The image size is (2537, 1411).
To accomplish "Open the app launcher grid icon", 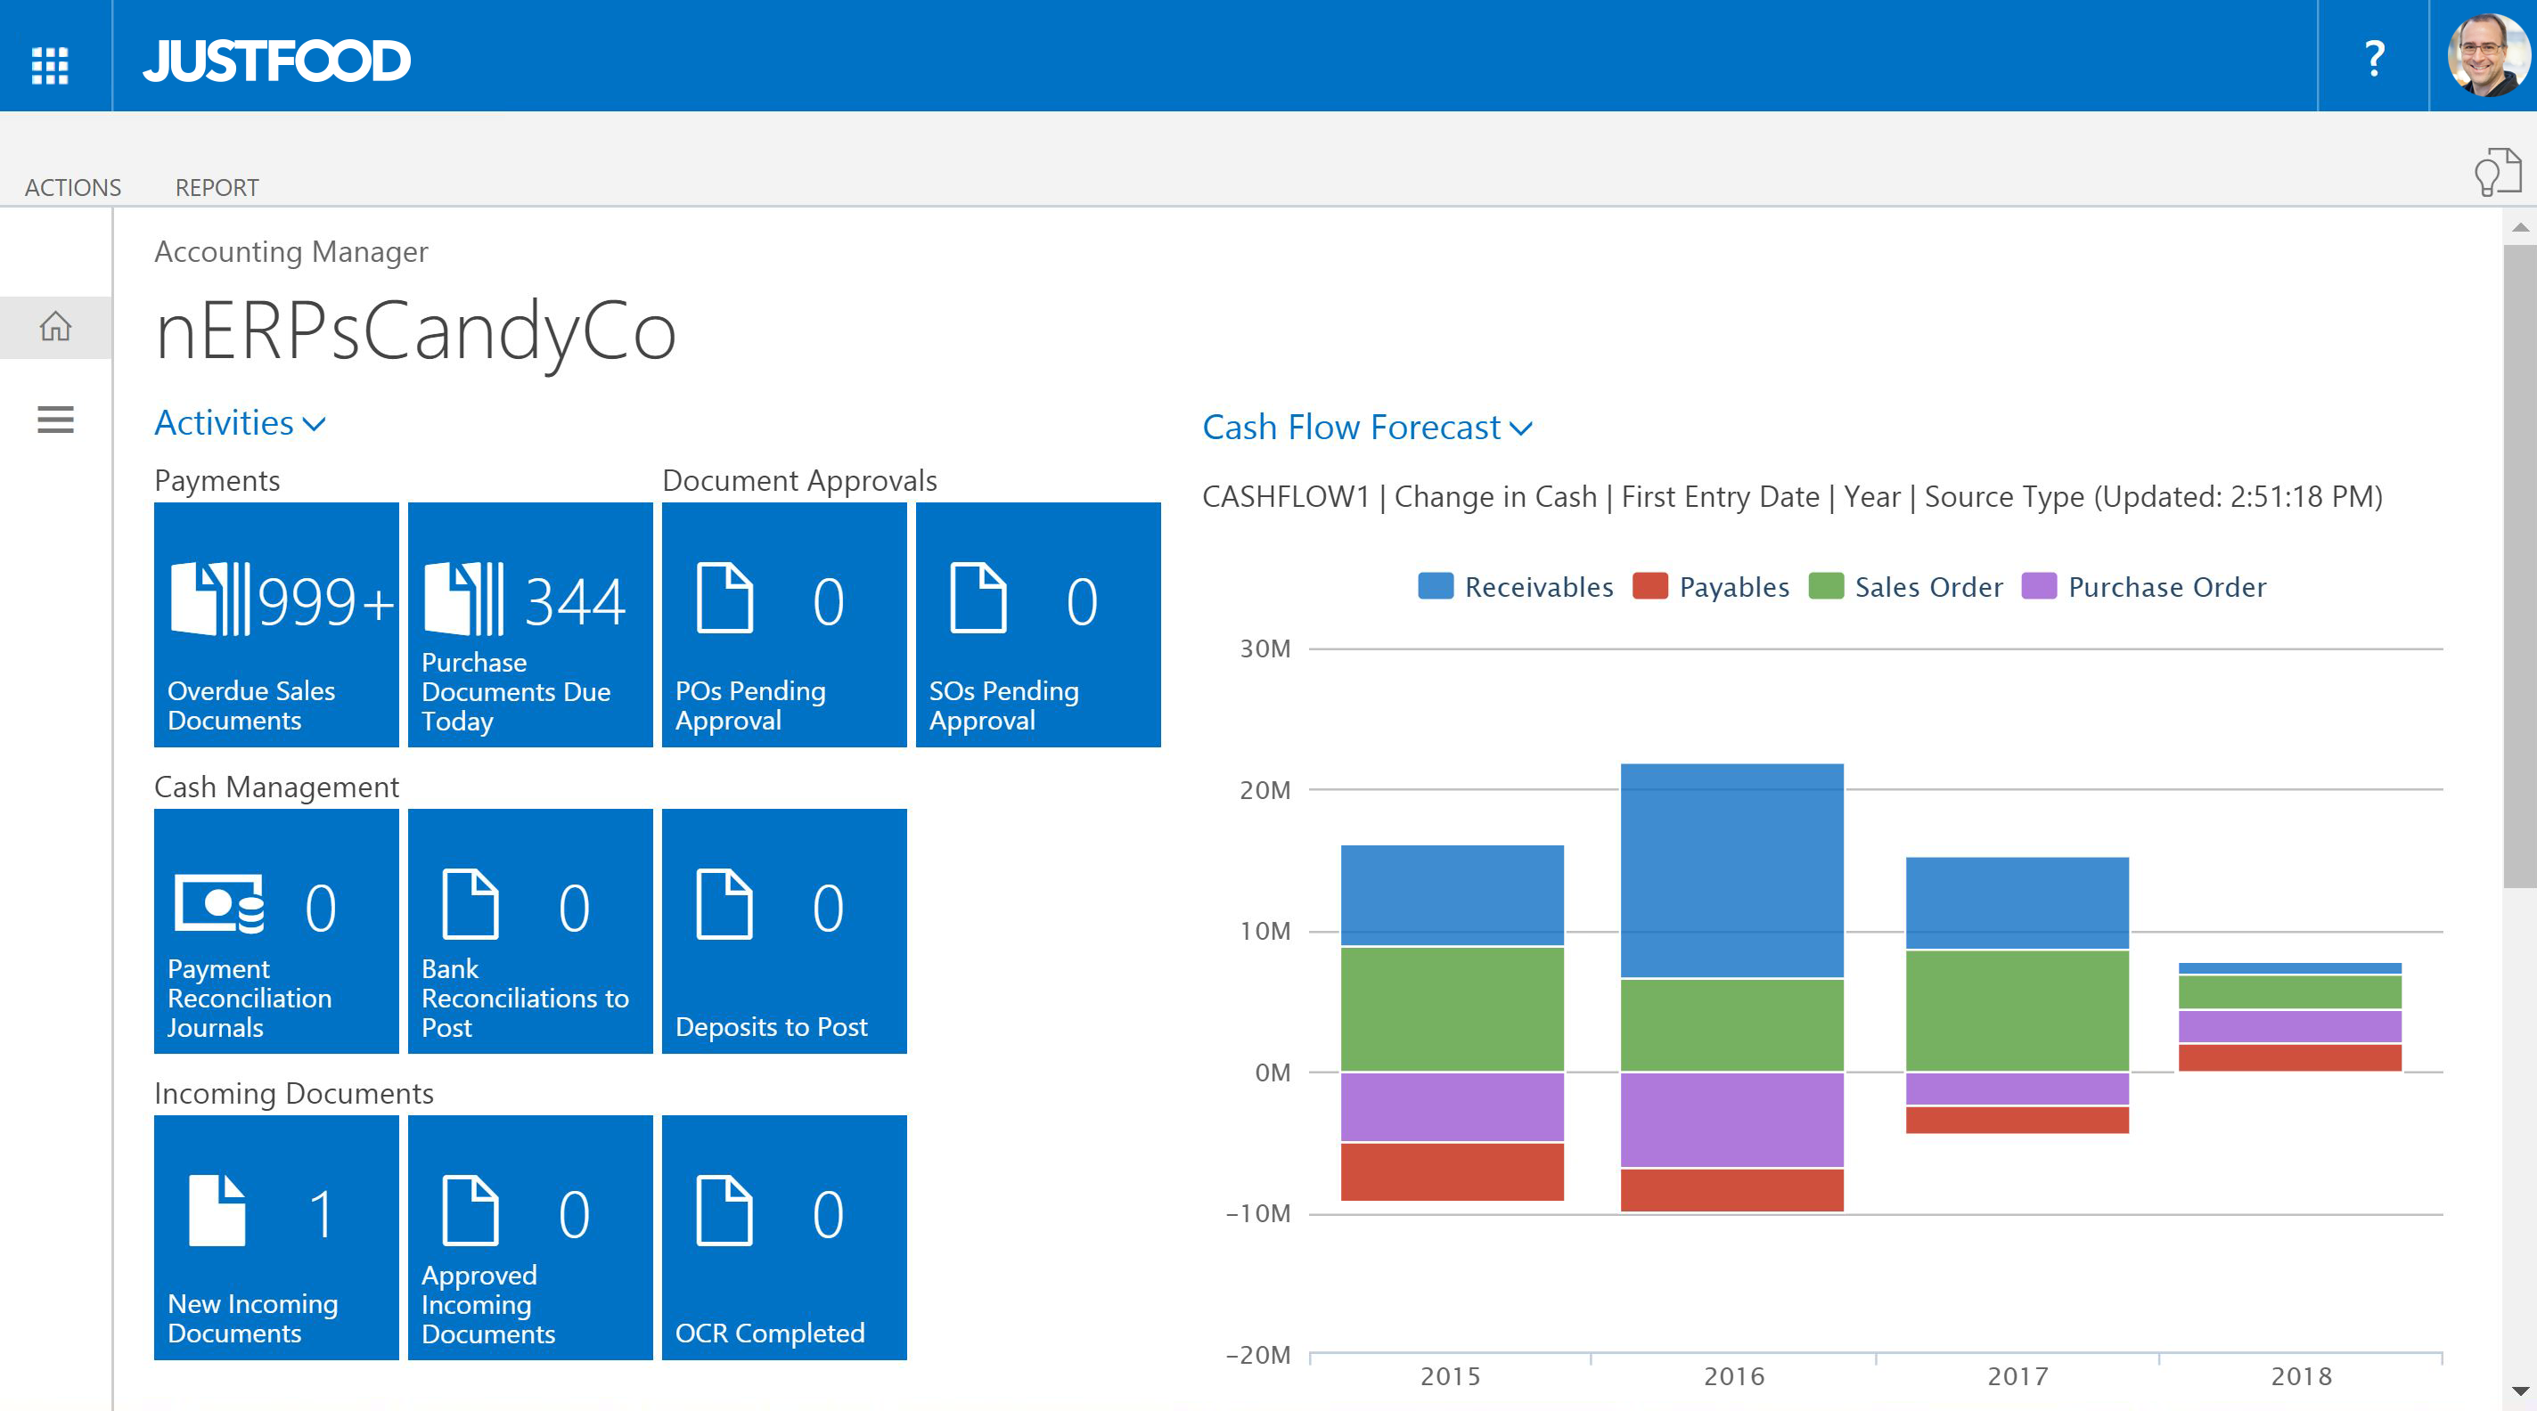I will click(x=49, y=65).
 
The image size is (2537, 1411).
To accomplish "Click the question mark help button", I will click(x=2374, y=58).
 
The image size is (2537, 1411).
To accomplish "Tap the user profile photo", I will click(x=2486, y=55).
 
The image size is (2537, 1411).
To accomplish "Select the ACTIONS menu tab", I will click(x=73, y=187).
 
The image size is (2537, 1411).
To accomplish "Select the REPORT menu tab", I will click(x=217, y=187).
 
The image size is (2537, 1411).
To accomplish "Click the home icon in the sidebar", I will click(x=55, y=326).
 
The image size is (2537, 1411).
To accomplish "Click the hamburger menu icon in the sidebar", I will click(x=55, y=420).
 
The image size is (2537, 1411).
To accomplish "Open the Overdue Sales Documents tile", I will click(x=275, y=624).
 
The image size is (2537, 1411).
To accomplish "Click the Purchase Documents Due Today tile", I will click(x=530, y=624).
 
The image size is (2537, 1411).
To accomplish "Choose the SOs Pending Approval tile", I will click(x=1038, y=624).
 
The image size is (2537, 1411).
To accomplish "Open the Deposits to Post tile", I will click(x=784, y=931).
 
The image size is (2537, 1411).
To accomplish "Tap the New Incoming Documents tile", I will click(x=275, y=1236).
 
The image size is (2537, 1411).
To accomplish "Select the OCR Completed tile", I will click(x=784, y=1236).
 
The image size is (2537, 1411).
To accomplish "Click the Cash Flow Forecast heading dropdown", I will click(x=1366, y=428).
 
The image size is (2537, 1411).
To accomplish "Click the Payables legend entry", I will click(x=1712, y=587).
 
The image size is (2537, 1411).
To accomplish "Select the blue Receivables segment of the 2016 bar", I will click(x=1731, y=870).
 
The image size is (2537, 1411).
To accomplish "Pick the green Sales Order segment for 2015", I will click(x=1452, y=1008).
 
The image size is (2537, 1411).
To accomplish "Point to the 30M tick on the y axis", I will click(x=1264, y=648).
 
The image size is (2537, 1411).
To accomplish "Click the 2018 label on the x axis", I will click(x=2301, y=1376).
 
